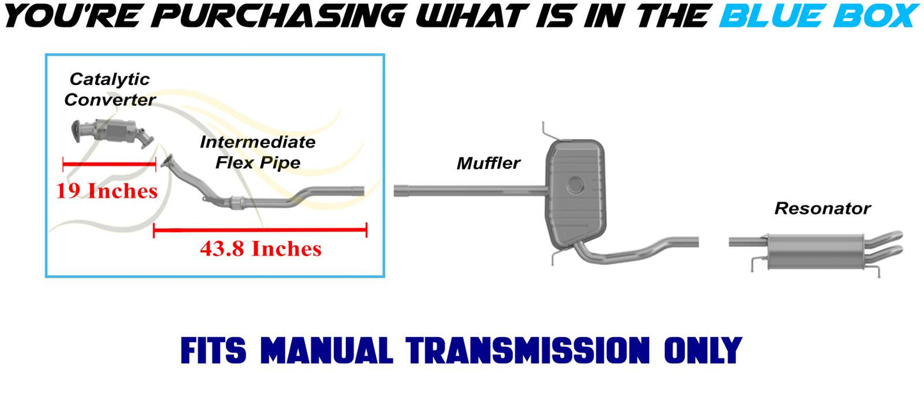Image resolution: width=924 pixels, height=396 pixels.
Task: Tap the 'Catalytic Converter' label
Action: pyautogui.click(x=110, y=90)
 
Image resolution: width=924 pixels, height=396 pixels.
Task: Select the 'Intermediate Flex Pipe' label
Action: pyautogui.click(x=258, y=152)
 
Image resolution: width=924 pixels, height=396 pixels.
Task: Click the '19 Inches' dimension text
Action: pyautogui.click(x=107, y=191)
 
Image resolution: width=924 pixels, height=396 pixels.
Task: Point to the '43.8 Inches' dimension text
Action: pyautogui.click(x=261, y=249)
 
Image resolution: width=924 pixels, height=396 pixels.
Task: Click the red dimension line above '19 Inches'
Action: pyautogui.click(x=109, y=164)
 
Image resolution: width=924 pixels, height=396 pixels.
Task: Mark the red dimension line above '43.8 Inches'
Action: pyautogui.click(x=260, y=230)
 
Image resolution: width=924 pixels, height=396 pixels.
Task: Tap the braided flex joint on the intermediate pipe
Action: pyautogui.click(x=237, y=203)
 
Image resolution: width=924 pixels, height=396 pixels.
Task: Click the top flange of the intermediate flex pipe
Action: pyautogui.click(x=167, y=161)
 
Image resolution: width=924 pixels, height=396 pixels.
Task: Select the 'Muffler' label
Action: pyautogui.click(x=489, y=163)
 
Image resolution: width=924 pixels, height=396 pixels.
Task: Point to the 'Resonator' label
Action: pyautogui.click(x=822, y=209)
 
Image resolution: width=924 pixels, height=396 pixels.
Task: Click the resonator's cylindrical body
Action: pyautogui.click(x=815, y=251)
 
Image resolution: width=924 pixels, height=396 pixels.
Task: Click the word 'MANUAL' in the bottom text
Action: pyautogui.click(x=327, y=351)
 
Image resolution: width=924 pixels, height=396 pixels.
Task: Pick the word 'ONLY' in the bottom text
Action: pyautogui.click(x=703, y=351)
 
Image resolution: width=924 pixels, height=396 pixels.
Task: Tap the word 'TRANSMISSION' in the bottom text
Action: pyautogui.click(x=528, y=351)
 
